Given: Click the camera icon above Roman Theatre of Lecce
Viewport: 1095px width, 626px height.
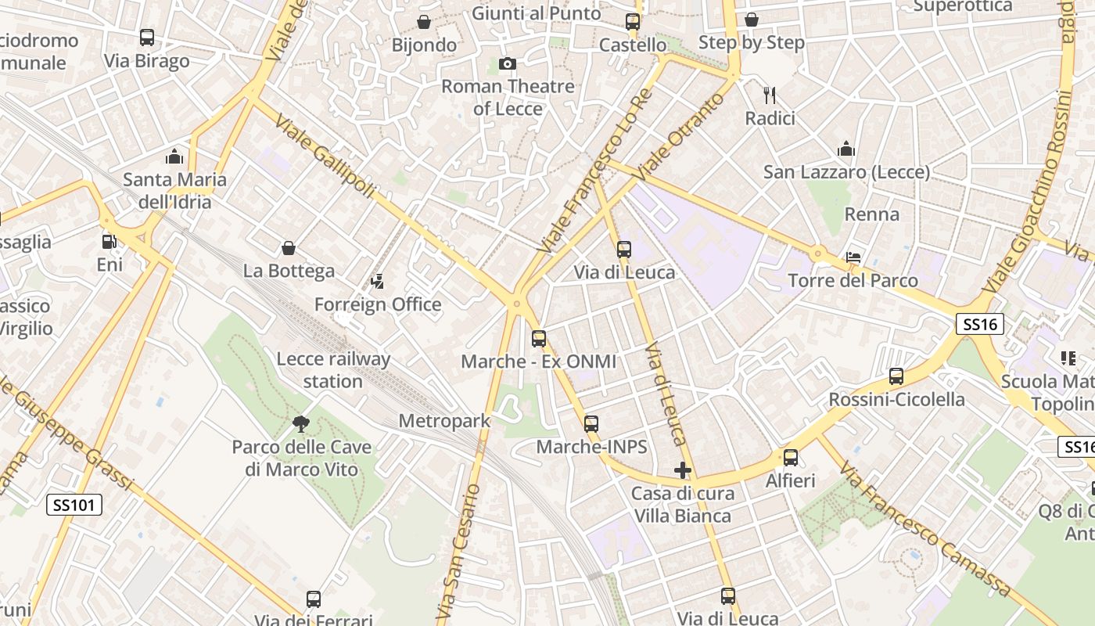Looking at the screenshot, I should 507,63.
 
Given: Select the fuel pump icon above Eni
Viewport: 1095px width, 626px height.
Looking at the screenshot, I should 109,242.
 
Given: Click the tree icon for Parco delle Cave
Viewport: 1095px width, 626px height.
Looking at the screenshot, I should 300,424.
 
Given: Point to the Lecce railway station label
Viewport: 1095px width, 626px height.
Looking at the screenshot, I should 333,370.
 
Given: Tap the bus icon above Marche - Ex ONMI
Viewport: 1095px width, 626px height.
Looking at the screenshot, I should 538,339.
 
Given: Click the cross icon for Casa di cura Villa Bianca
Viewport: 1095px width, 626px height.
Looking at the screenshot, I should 683,470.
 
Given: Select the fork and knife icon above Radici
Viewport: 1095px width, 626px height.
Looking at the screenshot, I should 770,95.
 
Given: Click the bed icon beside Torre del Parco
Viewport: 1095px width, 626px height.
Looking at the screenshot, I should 853,257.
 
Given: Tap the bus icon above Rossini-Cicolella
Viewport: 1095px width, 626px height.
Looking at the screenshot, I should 896,376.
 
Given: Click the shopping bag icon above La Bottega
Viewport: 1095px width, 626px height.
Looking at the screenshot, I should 289,248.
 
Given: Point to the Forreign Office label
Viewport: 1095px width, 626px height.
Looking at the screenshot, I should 378,304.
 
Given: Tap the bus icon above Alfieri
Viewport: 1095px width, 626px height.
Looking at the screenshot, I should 791,458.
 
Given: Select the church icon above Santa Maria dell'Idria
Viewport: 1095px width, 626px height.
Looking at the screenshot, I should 174,156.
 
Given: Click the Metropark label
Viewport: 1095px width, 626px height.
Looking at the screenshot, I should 444,421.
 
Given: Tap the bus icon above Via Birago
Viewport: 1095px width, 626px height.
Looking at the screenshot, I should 146,37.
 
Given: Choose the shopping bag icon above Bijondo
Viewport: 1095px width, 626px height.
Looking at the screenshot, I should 424,21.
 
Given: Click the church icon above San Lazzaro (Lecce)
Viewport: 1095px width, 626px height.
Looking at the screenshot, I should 846,149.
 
